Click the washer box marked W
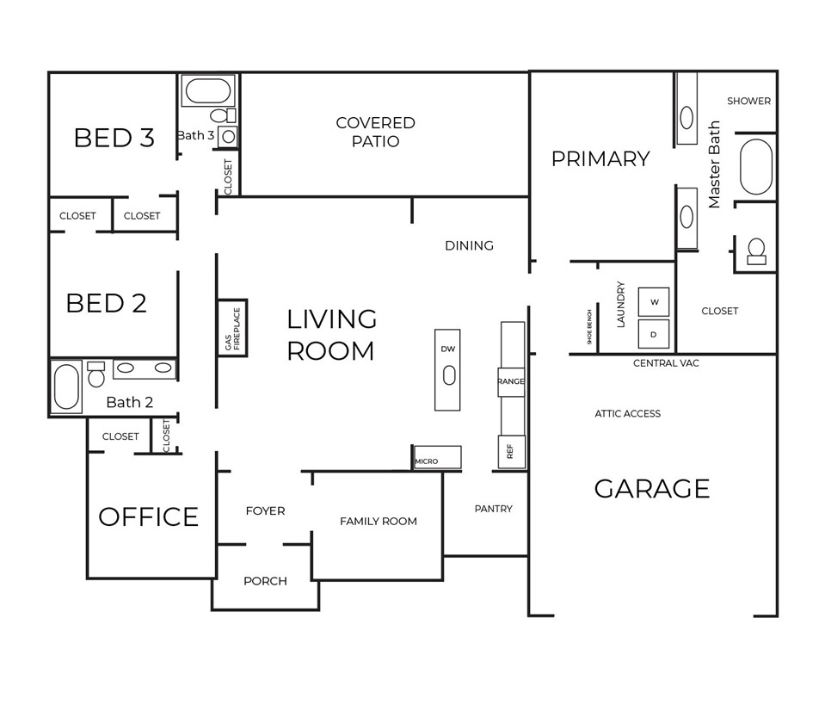tap(654, 301)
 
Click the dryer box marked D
tap(654, 334)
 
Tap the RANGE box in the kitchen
tap(511, 381)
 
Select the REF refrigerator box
tap(511, 451)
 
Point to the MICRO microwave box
tap(437, 457)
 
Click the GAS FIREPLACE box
tap(232, 328)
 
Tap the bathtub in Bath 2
tap(67, 387)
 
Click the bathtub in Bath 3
tap(208, 91)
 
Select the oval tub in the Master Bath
tap(756, 166)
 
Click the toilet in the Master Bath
tap(756, 251)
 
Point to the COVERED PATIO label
tap(375, 133)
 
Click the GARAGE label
tap(652, 489)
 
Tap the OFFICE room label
tap(148, 516)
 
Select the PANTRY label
tap(493, 509)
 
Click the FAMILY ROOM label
tap(378, 521)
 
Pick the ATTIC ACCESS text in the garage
tap(627, 414)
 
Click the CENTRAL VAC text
tap(666, 363)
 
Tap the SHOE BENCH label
tap(589, 327)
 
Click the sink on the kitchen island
tap(447, 374)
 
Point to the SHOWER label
tap(748, 101)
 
